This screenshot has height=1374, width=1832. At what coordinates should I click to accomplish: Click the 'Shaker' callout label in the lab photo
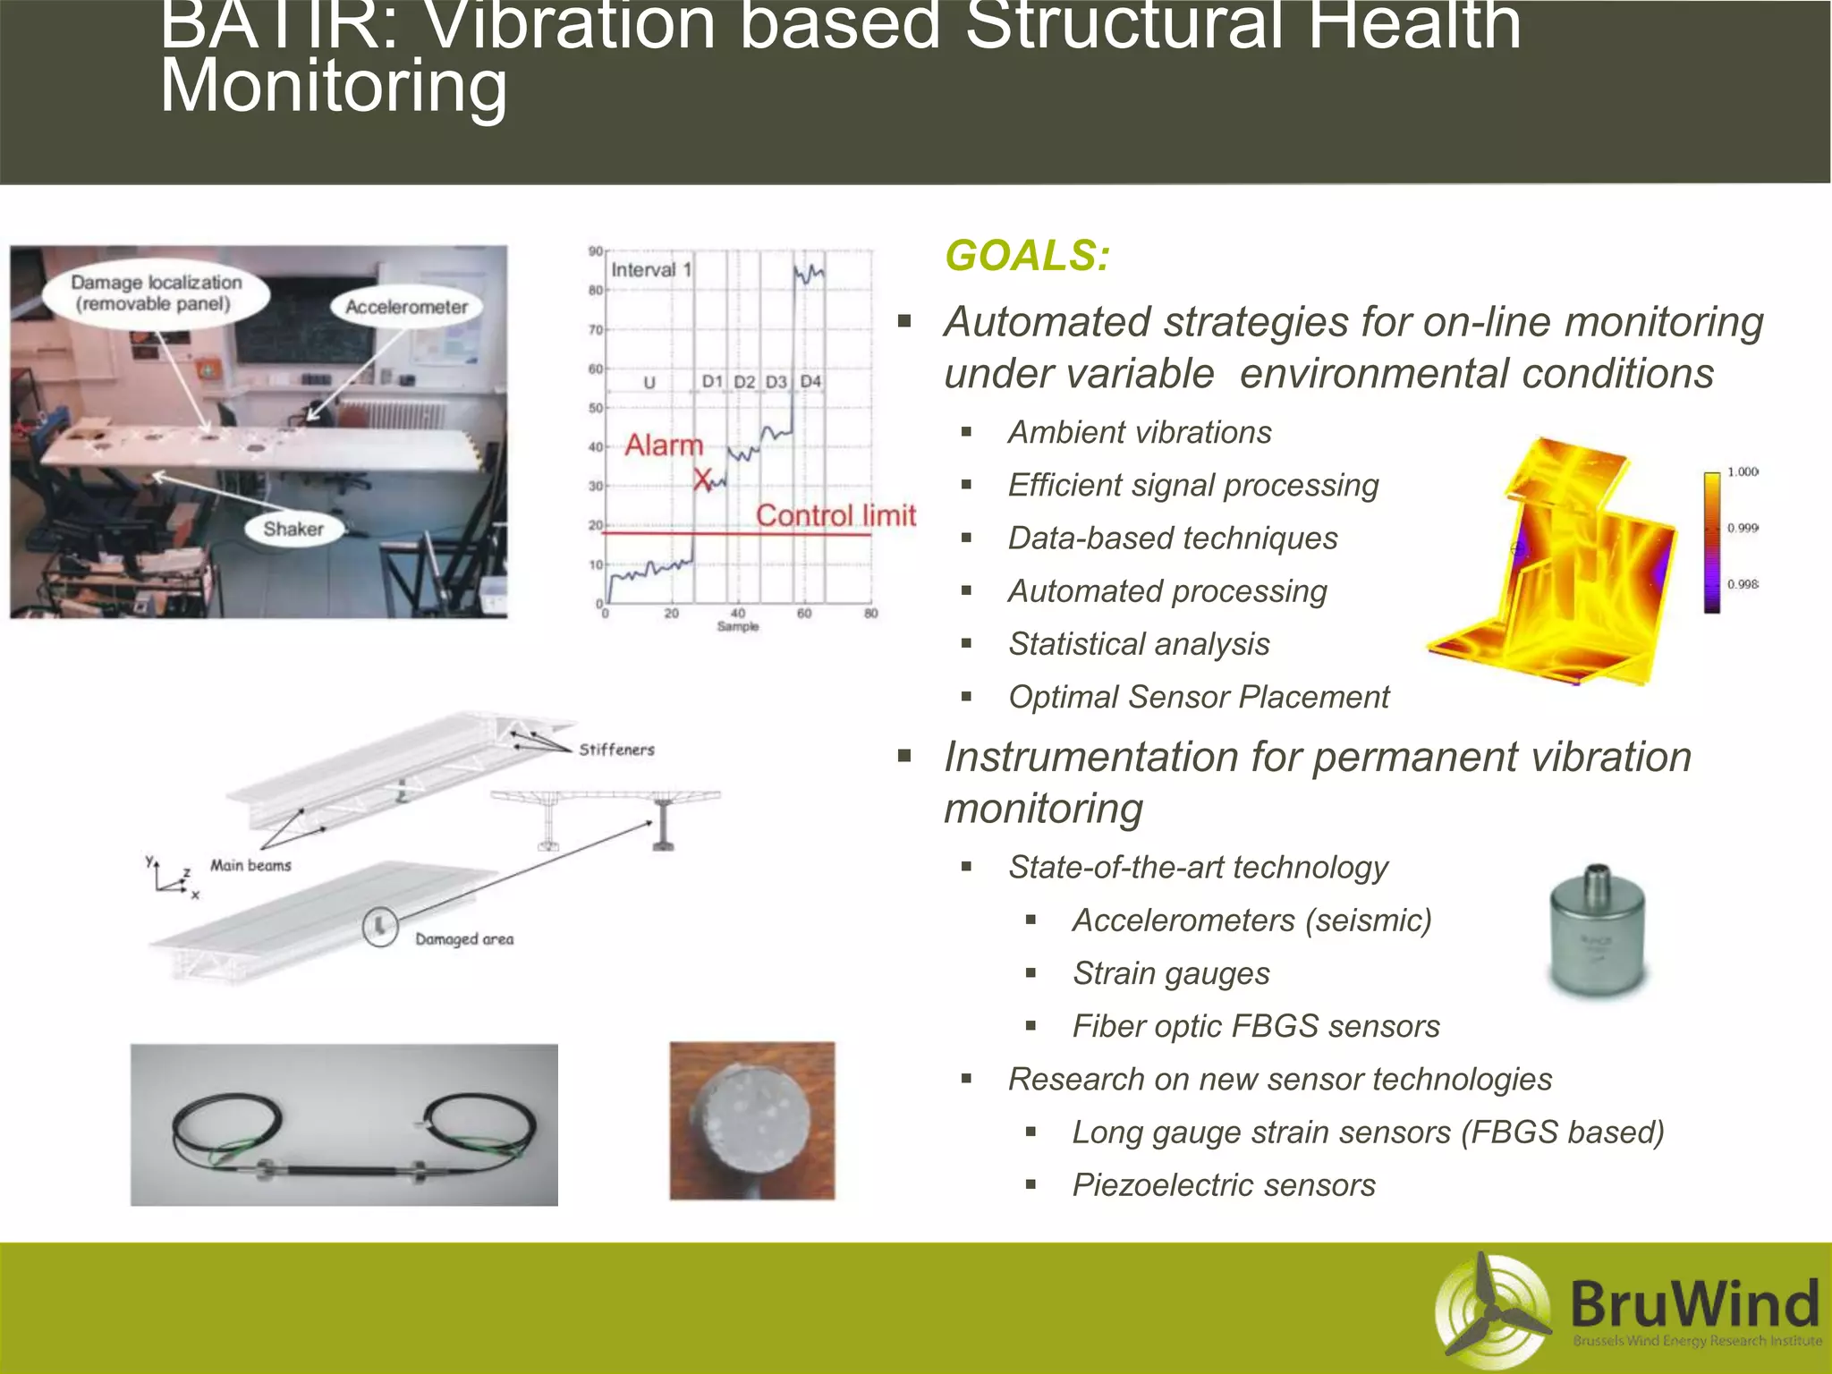pos(293,529)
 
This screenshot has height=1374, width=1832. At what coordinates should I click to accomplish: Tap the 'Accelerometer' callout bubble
pos(406,307)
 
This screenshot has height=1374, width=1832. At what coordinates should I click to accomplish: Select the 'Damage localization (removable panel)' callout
pos(157,293)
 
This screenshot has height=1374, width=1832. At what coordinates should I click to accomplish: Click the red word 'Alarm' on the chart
pos(664,445)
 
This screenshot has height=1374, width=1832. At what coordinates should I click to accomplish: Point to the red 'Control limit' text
pos(835,515)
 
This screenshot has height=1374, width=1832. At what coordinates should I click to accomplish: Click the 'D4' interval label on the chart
pos(810,381)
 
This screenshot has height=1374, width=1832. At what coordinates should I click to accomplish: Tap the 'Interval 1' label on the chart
pos(651,270)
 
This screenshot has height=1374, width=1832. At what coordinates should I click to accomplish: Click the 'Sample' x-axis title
pos(737,626)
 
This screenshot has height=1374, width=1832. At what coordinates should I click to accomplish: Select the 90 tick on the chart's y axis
pos(595,251)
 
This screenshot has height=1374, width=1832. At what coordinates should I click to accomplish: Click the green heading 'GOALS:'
pos(1027,256)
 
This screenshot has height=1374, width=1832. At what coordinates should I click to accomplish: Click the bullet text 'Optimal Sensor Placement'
pos(1199,697)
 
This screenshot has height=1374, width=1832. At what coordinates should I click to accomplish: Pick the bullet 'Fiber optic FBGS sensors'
pos(1256,1026)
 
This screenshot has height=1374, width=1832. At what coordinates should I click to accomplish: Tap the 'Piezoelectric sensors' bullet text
pos(1223,1184)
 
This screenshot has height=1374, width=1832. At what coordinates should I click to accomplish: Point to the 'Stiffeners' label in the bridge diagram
pos(616,750)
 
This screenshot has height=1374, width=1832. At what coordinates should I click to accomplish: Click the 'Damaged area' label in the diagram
pos(464,939)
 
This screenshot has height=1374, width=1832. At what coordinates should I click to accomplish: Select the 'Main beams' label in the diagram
pos(250,865)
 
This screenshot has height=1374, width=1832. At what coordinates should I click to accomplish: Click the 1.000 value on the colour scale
pos(1742,471)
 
